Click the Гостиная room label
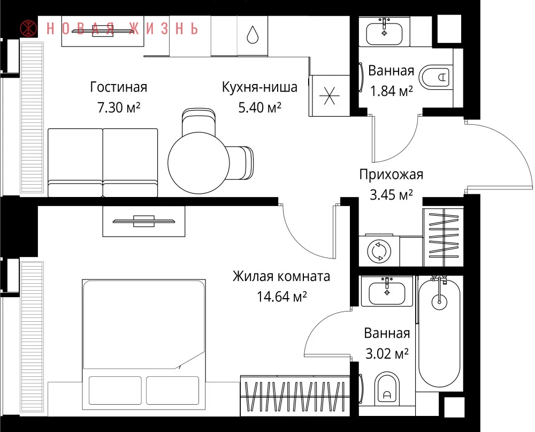(119, 87)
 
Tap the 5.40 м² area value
(259, 108)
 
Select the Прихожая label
(391, 175)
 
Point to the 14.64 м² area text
(281, 297)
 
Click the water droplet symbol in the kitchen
(253, 35)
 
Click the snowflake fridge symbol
(329, 96)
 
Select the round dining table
(198, 163)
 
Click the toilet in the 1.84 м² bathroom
(435, 77)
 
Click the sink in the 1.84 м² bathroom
(384, 33)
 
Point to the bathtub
(440, 332)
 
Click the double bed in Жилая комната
(143, 344)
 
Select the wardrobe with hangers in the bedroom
(295, 396)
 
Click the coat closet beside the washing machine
(443, 237)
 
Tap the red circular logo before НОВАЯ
(28, 28)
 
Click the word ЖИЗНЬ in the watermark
(164, 29)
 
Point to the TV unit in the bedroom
(143, 221)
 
